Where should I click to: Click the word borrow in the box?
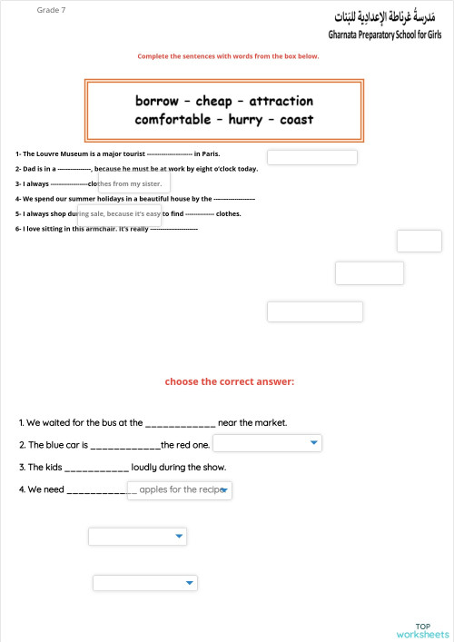point(157,101)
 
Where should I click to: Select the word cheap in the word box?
point(213,101)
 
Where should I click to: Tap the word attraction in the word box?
point(281,101)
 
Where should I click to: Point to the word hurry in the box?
point(245,120)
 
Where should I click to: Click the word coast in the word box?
point(296,120)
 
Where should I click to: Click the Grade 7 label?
point(51,10)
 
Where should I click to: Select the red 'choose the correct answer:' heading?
point(230,381)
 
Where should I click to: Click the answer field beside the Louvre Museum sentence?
point(311,157)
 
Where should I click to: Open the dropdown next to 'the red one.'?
point(267,443)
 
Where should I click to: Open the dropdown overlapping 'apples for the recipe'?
point(180,490)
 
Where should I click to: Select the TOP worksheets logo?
point(422,630)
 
